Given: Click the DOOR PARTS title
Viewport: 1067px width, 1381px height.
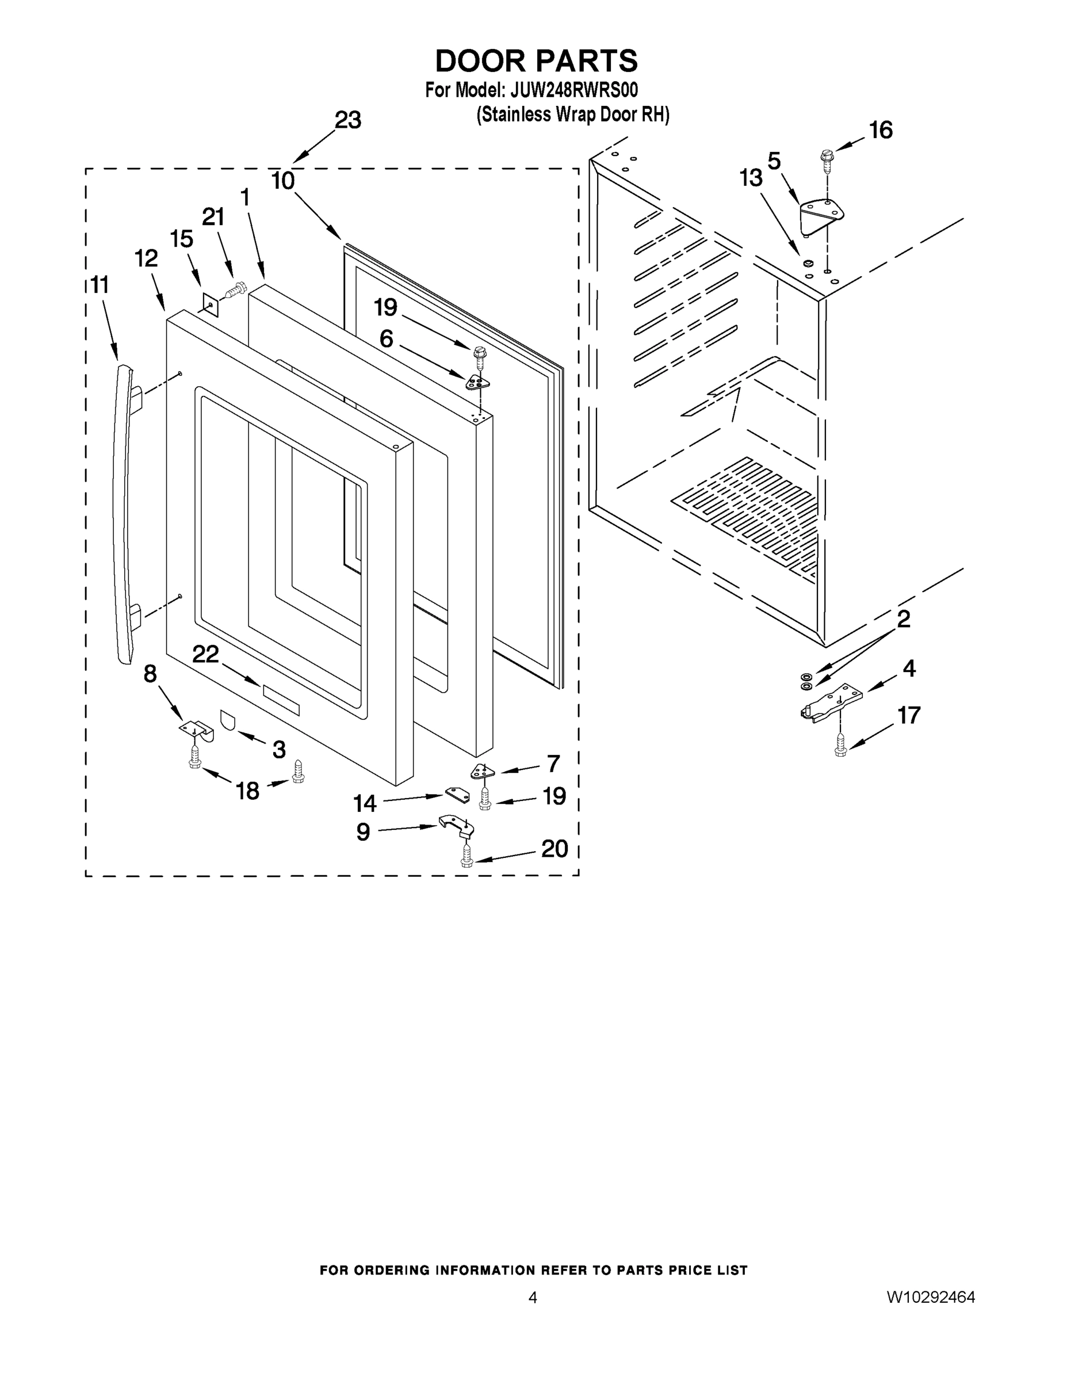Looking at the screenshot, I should pos(536,62).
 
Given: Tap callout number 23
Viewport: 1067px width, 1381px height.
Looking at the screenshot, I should pos(347,120).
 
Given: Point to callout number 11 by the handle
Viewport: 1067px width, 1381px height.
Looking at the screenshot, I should pos(100,285).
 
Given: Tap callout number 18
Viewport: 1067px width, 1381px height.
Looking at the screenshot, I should pos(248,790).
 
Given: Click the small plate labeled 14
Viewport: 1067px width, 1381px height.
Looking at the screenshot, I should pos(458,794).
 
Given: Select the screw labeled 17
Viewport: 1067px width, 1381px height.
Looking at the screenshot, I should pos(840,743).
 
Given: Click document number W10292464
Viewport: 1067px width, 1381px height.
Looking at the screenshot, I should pos(931,1298).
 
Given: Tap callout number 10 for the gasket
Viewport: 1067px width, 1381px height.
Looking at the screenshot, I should pos(283,181).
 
